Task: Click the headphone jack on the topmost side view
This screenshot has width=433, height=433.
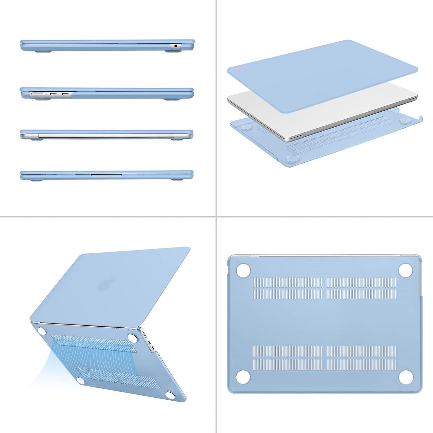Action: pos(176,46)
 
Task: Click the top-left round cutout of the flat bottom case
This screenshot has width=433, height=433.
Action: pos(243,270)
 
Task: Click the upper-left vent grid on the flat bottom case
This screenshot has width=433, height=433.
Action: pos(288,288)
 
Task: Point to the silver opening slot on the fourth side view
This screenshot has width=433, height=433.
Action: pos(106,175)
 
